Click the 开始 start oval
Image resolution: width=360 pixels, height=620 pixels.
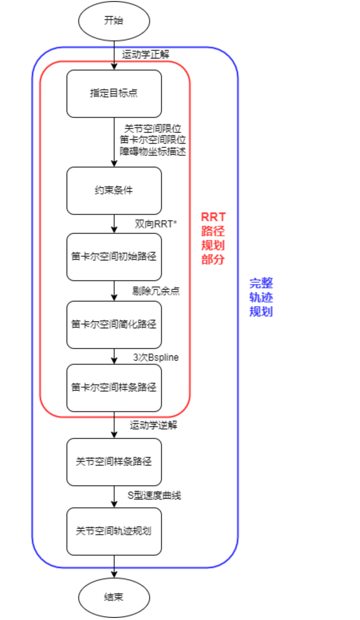(114, 22)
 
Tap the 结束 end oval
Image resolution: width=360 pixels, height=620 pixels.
(114, 597)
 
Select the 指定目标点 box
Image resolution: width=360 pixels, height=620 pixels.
(114, 94)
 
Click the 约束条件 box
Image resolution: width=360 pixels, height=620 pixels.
(114, 190)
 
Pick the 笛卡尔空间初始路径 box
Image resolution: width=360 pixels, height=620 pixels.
(114, 257)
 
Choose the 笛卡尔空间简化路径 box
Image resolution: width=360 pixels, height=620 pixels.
(114, 324)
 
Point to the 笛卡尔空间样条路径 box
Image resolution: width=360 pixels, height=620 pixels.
(114, 388)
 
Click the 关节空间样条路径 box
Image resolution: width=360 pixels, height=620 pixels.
(114, 462)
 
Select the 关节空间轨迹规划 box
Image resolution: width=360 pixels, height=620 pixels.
(114, 531)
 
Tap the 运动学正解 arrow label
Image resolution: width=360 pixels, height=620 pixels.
(146, 54)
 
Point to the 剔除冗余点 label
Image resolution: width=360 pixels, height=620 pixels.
(156, 291)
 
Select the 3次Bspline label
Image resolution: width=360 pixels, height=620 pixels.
(156, 358)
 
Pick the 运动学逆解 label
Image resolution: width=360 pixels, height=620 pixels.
(153, 425)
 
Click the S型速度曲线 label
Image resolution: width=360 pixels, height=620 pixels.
(155, 495)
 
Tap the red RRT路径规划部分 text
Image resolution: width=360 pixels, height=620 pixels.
(213, 238)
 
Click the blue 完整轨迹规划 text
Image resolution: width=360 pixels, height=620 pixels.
(261, 297)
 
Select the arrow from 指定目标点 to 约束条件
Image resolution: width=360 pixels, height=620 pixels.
(114, 142)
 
